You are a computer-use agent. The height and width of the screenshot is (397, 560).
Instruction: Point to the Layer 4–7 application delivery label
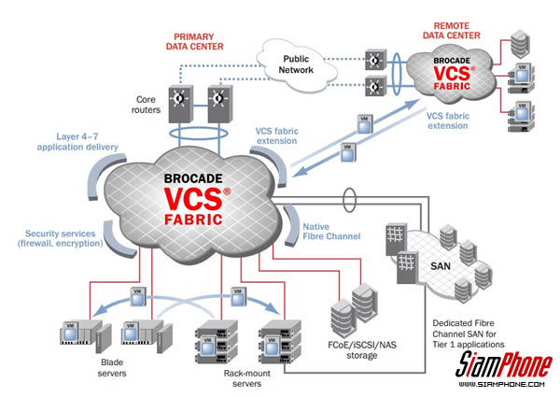click(78, 142)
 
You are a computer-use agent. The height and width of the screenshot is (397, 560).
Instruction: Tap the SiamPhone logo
click(504, 362)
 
